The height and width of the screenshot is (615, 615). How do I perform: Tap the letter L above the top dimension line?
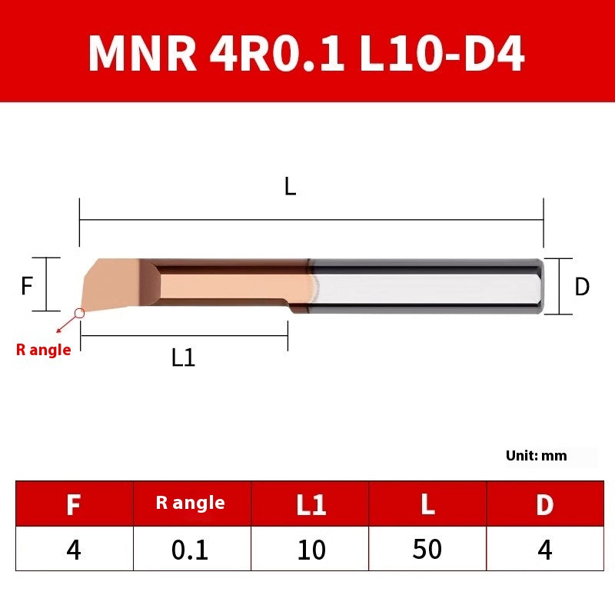(290, 186)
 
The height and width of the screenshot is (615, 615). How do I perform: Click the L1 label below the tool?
(183, 357)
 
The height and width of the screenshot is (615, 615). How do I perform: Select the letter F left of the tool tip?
(27, 286)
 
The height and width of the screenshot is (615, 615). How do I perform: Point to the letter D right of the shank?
(582, 287)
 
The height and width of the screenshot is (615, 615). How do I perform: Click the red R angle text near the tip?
(43, 350)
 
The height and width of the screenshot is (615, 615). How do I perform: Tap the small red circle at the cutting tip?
(79, 313)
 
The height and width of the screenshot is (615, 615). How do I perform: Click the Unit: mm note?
(536, 455)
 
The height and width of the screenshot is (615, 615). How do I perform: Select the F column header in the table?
(74, 504)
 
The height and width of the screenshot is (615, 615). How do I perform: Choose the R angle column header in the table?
(190, 504)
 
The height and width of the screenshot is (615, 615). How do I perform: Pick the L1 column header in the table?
(311, 504)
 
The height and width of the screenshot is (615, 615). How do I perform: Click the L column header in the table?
(427, 504)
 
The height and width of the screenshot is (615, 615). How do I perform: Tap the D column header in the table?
(545, 504)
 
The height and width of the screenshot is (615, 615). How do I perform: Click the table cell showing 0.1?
(190, 550)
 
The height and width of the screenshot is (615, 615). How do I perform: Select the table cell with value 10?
(311, 550)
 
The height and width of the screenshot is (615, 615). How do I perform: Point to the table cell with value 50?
(427, 550)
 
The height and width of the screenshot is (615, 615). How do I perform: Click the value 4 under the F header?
(74, 550)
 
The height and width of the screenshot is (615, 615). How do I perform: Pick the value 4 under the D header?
(545, 550)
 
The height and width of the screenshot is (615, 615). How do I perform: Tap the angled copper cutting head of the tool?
(111, 283)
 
